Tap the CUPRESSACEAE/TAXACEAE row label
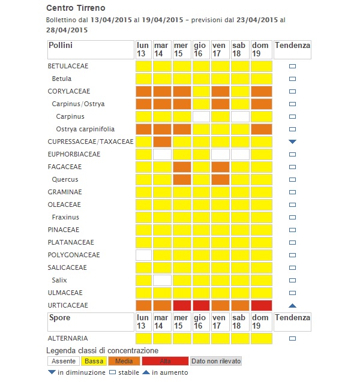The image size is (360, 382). tap(91, 142)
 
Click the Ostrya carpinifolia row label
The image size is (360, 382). tap(85, 129)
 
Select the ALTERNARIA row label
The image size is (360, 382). tap(68, 338)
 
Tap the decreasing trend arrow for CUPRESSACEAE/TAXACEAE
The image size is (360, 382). tap(293, 142)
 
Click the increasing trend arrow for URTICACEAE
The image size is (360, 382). tap(293, 305)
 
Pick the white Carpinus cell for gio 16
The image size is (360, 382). tap(201, 116)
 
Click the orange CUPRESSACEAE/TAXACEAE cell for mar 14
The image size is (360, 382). tap(162, 142)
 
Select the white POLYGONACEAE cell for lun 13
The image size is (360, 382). tap(143, 255)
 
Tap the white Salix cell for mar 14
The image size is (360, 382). tap(162, 280)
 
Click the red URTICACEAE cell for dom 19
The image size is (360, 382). tap(262, 305)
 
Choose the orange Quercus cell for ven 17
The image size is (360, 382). tap(220, 179)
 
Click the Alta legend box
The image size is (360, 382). tap(165, 361)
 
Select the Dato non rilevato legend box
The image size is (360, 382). tap(216, 361)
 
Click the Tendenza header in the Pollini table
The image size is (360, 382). tap(292, 46)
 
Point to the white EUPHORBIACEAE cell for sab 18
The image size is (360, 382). tap(240, 154)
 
